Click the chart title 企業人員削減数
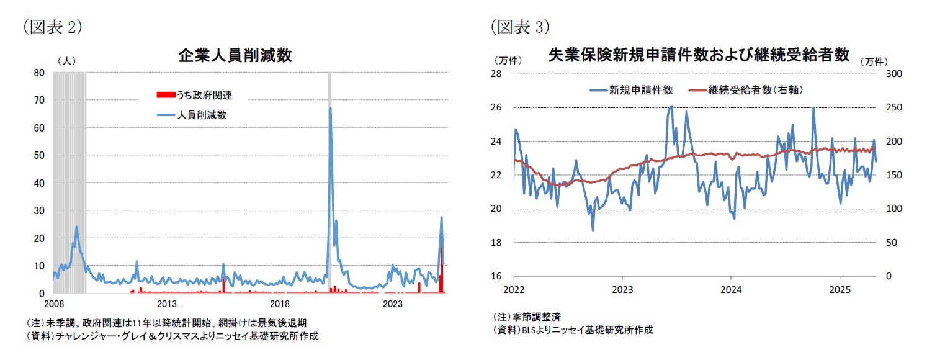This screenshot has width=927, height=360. pos(235,56)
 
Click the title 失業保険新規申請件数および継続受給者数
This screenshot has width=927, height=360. pos(699,55)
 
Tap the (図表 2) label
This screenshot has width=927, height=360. pos(52,27)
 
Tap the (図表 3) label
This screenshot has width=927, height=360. pos(520,27)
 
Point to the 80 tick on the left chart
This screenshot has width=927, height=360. pos(38,73)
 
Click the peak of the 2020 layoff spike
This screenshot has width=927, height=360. pos(330,108)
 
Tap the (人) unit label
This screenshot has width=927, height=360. pos(66,61)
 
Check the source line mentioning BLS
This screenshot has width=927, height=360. pos(573,330)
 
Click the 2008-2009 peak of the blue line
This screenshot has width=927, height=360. pos(77,227)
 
